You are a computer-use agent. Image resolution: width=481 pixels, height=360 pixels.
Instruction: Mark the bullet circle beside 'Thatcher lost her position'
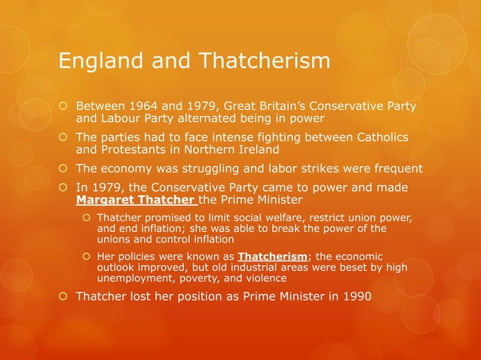[x=65, y=295]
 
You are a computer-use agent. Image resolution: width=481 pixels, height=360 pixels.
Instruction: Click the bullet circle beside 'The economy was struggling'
[x=65, y=168]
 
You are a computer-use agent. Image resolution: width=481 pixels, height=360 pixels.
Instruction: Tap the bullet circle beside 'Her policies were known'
[x=87, y=256]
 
